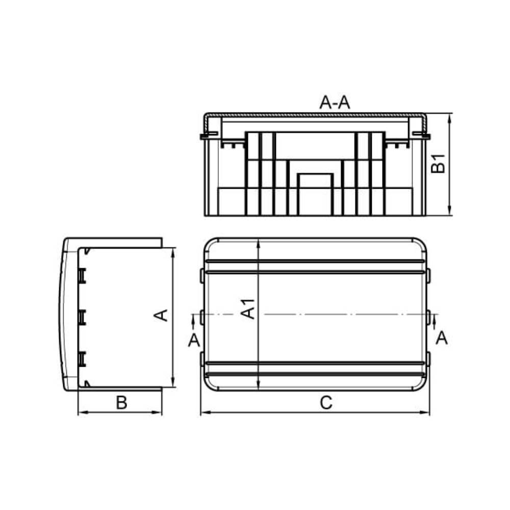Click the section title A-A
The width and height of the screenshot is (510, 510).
coord(335,103)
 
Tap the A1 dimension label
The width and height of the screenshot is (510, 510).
coord(248,309)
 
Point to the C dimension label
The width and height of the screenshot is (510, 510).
coord(326,403)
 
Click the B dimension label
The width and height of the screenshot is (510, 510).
coord(122,402)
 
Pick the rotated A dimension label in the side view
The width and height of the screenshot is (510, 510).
coord(161,315)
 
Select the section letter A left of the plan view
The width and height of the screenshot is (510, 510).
coord(194,340)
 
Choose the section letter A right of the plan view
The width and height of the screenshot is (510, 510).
coord(442,338)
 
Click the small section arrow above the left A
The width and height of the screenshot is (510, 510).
coord(194,323)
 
